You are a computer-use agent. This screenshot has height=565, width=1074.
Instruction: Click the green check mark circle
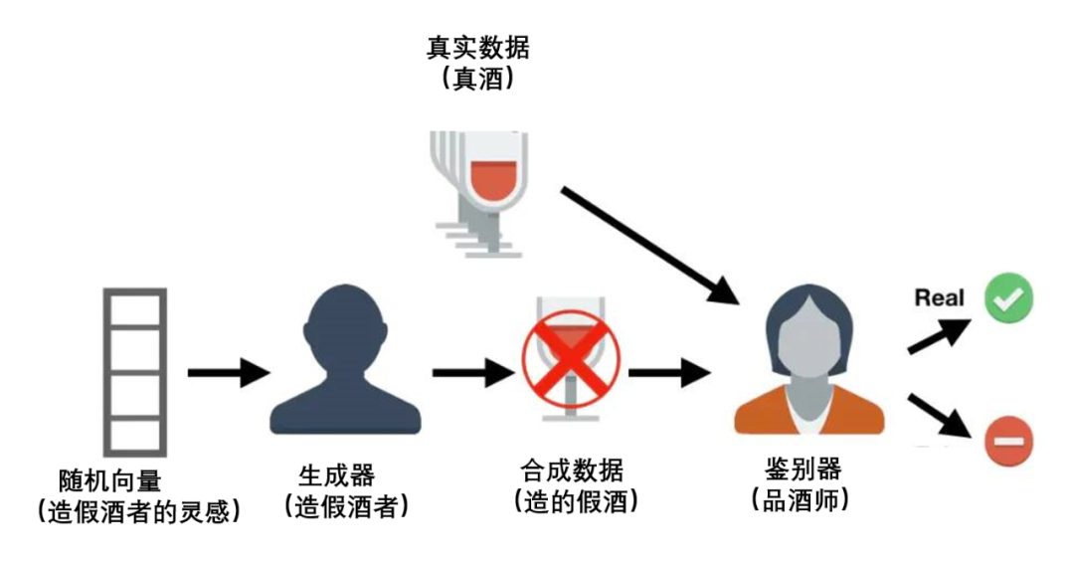pos(1009,297)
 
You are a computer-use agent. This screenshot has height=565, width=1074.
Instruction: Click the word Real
pos(940,297)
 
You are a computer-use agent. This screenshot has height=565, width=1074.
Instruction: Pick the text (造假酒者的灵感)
pos(138,511)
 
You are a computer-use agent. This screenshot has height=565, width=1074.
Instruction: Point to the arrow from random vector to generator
pos(227,373)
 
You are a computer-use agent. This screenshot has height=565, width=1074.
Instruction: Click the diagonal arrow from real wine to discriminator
pos(651,243)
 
